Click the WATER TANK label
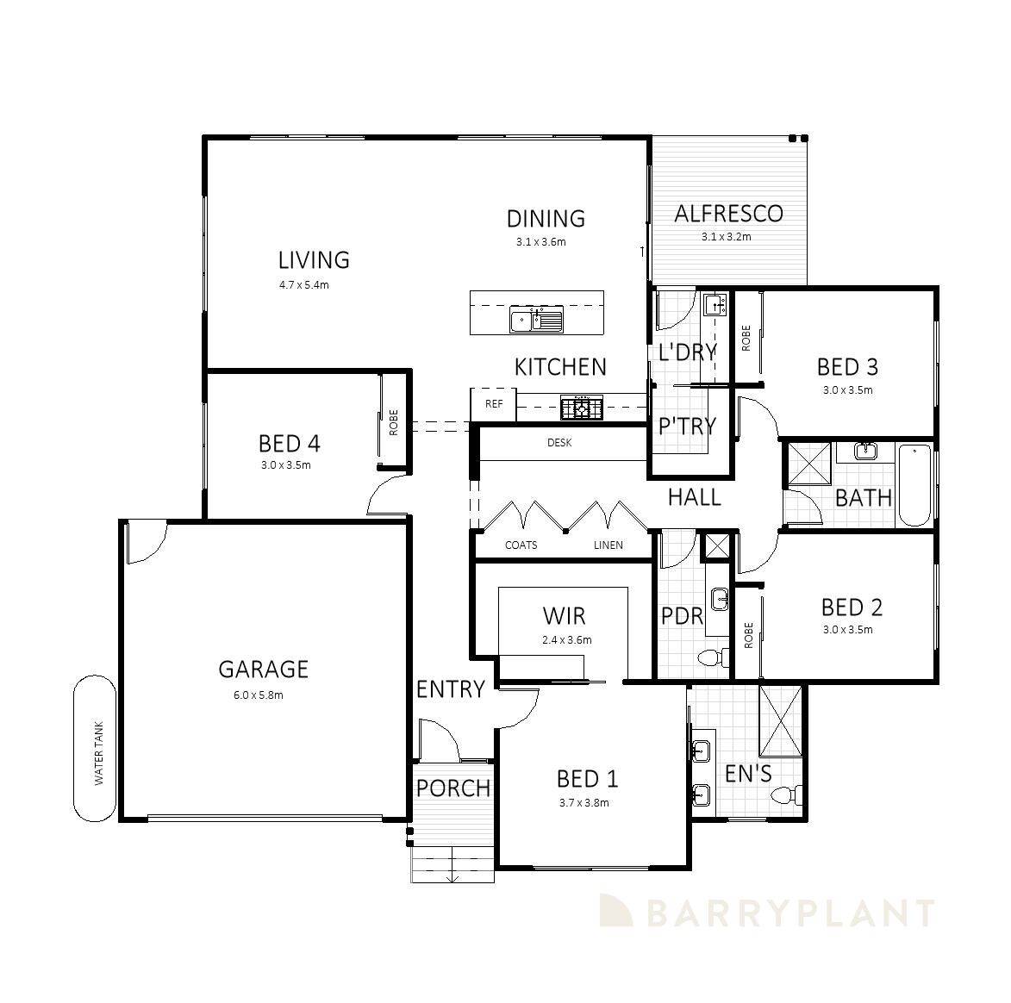tap(98, 753)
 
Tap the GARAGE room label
tap(263, 669)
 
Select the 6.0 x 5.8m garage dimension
tap(258, 695)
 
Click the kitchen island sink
tap(535, 321)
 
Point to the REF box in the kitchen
tap(494, 403)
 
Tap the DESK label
tap(559, 443)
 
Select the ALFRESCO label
tap(728, 213)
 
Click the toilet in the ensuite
tap(786, 794)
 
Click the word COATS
tap(521, 545)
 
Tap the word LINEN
tap(608, 545)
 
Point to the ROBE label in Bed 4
tap(394, 421)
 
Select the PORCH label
tap(452, 788)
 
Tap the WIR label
tap(564, 615)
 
